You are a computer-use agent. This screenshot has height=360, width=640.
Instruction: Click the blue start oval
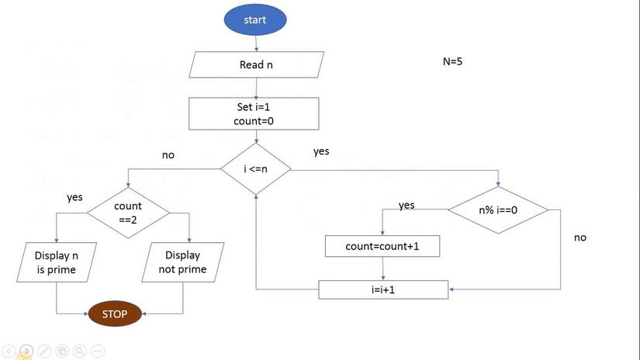(255, 19)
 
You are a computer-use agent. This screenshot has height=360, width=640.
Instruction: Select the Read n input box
(256, 64)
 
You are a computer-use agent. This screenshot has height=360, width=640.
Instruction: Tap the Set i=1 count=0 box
(254, 113)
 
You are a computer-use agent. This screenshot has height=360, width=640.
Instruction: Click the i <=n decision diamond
(256, 168)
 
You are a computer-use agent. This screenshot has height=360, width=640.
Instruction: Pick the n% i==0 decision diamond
(498, 209)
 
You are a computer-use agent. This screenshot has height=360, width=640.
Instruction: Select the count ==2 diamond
(128, 213)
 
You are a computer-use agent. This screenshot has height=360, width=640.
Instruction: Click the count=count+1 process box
(382, 246)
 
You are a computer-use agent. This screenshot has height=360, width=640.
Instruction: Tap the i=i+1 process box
(383, 290)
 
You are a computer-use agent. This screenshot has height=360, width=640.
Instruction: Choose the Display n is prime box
(57, 262)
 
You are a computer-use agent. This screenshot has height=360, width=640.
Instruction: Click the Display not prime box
(183, 262)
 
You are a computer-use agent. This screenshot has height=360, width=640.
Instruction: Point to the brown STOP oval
(115, 313)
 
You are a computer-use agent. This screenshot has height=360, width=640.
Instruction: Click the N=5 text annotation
(452, 61)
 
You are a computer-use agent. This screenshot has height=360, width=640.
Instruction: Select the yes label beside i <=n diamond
(321, 151)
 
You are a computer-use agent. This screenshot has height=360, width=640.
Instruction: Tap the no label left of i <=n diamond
(168, 155)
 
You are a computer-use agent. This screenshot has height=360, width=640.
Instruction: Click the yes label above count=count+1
(406, 205)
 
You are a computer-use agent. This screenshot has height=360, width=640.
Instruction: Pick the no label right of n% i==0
(580, 237)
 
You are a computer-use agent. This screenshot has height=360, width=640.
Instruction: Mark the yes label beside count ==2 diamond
(74, 198)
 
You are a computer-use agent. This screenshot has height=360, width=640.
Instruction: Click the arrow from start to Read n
(256, 43)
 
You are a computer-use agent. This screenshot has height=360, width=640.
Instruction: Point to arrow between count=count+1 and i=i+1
(383, 268)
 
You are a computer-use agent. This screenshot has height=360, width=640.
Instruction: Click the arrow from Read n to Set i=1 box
(256, 88)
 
